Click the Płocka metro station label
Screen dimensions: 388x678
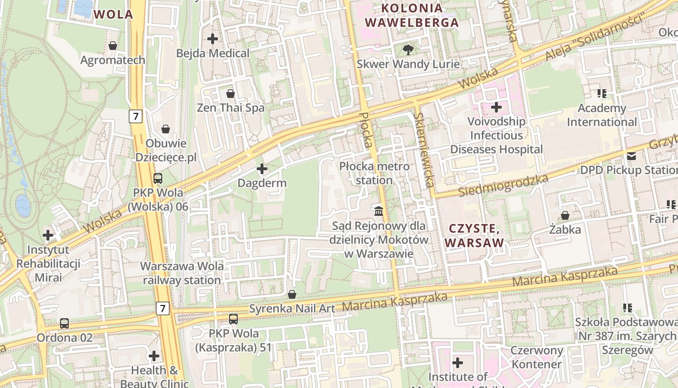pyautogui.click(x=374, y=173)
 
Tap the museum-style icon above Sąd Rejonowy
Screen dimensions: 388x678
pyautogui.click(x=379, y=211)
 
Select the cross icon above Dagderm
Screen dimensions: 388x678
pyautogui.click(x=262, y=169)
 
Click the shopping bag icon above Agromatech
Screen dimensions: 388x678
pyautogui.click(x=113, y=46)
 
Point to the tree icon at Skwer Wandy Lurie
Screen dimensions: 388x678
pyautogui.click(x=408, y=49)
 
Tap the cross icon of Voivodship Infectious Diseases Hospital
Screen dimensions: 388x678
pyautogui.click(x=496, y=107)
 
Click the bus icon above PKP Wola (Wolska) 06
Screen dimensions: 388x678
pyautogui.click(x=158, y=178)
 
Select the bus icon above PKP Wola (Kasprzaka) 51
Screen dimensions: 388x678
pyautogui.click(x=233, y=319)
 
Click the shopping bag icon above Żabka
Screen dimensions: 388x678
pyautogui.click(x=565, y=215)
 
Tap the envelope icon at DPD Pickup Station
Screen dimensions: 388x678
pyautogui.click(x=632, y=156)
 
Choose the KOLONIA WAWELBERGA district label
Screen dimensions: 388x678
pyautogui.click(x=412, y=15)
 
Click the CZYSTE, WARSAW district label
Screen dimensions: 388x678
pyautogui.click(x=475, y=235)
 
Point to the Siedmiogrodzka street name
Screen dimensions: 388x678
pyautogui.click(x=503, y=186)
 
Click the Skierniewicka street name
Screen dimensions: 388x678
pyautogui.click(x=424, y=150)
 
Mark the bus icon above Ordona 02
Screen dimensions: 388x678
pyautogui.click(x=64, y=323)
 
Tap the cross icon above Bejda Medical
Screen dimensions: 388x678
pyautogui.click(x=213, y=38)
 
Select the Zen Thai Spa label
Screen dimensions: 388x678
pyautogui.click(x=231, y=108)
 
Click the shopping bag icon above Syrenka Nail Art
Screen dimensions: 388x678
pyautogui.click(x=292, y=294)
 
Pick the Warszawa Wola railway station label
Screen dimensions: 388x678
pyautogui.click(x=182, y=273)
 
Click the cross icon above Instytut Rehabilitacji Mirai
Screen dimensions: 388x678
pyautogui.click(x=48, y=236)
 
